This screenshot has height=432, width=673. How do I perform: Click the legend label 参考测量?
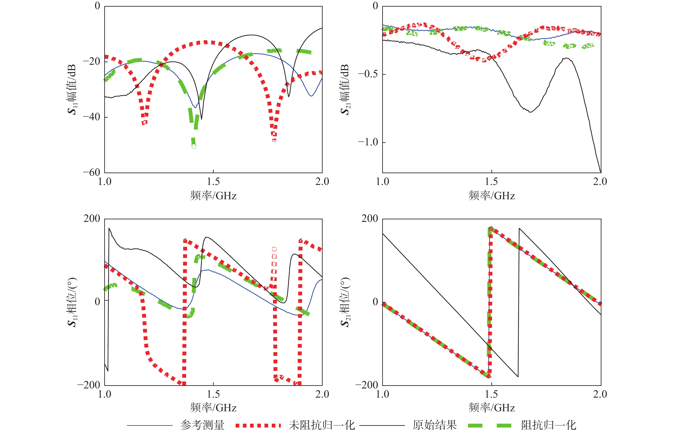[x=202, y=425]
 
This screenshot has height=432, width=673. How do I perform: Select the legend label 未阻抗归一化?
[x=322, y=425]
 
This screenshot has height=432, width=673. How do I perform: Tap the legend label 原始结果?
[x=434, y=425]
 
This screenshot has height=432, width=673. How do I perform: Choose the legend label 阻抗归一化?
[x=549, y=425]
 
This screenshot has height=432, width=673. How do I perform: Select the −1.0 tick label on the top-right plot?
[x=368, y=142]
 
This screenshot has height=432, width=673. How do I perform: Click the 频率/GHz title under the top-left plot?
[x=213, y=195]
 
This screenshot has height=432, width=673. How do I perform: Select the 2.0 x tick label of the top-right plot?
[x=600, y=182]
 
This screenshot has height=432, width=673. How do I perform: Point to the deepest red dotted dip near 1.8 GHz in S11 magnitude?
[x=274, y=140]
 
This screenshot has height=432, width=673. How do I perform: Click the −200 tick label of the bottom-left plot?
[x=89, y=385]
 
